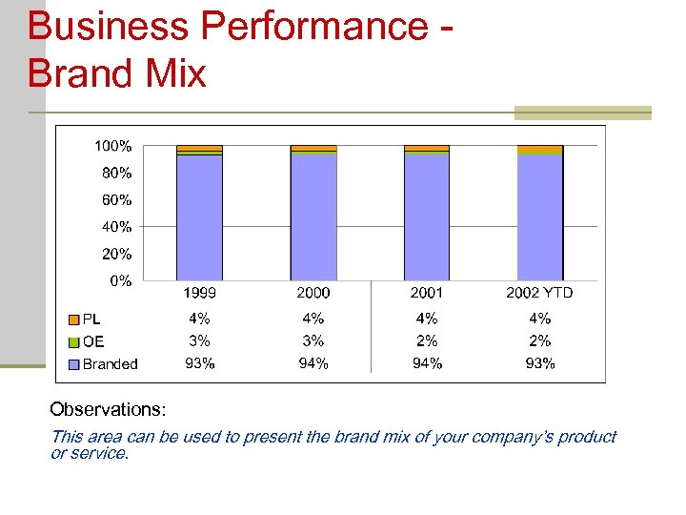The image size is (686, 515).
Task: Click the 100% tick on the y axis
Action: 112,146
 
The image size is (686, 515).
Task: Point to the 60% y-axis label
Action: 115,200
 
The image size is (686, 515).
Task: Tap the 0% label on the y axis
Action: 120,281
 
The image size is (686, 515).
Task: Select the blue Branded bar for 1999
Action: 199,216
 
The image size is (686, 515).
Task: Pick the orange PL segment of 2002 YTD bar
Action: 540,149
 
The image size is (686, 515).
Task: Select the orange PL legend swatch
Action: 73,319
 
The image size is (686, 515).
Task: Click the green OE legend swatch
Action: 73,341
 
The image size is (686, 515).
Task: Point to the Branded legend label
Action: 110,364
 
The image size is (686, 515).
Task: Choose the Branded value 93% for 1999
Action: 199,363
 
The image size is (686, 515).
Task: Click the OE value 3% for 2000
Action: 313,340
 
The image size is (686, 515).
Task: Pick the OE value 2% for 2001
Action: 426,340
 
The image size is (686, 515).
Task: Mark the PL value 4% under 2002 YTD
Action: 539,319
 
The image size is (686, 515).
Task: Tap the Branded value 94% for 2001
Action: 426,363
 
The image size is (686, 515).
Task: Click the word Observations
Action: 108,410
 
